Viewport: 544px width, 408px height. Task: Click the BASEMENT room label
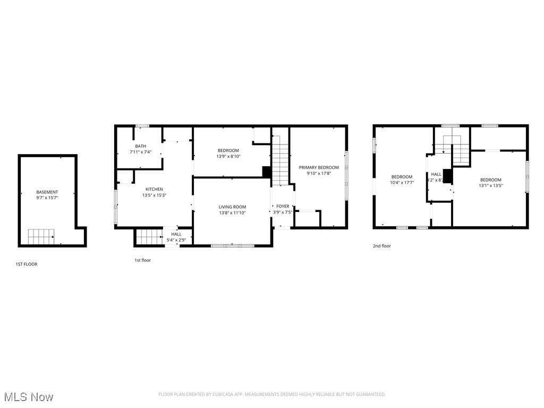47,192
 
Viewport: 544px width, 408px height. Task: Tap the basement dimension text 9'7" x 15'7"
47,198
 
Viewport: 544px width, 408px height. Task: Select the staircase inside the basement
41,236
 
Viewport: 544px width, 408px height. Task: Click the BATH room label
140,146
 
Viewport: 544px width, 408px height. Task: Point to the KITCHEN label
155,189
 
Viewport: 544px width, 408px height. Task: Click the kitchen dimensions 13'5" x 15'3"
155,195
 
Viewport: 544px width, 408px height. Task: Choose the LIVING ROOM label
232,207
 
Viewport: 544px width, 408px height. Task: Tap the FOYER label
283,206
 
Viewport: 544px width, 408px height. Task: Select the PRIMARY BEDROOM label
319,167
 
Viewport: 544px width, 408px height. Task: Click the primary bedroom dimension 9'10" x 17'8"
319,173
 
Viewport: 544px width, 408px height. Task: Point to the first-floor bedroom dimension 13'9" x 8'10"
228,156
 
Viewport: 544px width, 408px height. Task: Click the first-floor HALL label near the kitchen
176,234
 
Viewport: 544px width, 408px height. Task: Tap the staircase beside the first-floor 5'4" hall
149,236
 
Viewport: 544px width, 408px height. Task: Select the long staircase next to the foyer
280,160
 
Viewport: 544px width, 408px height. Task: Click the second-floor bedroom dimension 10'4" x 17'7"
402,183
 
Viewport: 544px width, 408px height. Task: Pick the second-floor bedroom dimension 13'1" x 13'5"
490,185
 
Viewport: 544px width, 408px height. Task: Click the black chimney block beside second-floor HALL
447,176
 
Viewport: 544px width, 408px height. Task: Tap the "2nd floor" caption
382,246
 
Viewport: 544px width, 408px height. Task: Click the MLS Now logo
28,397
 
